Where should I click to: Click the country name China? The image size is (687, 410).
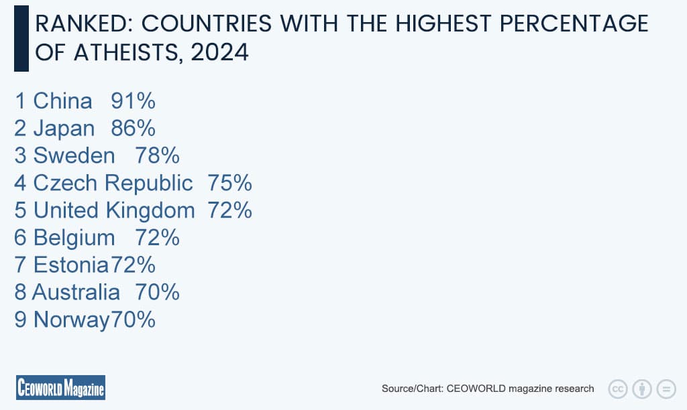tap(62, 101)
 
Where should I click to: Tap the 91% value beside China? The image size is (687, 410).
tap(133, 101)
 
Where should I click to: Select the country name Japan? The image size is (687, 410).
tap(64, 129)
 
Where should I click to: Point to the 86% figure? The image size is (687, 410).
tap(133, 129)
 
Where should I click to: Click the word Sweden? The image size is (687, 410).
tap(74, 156)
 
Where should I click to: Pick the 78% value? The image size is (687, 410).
tap(157, 156)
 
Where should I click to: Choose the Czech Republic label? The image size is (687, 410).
tap(113, 184)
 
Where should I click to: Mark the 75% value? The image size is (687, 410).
tap(229, 184)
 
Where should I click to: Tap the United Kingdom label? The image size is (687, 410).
tap(114, 210)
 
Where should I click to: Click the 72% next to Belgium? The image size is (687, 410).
tap(157, 238)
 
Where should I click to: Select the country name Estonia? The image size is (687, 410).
tap(71, 265)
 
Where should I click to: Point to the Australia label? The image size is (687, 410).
tap(76, 293)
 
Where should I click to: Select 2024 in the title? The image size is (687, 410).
tap(219, 52)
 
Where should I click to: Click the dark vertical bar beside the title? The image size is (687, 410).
tap(21, 38)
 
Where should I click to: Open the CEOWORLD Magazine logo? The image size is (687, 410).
tap(60, 388)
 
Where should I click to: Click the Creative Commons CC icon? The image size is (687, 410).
tap(617, 389)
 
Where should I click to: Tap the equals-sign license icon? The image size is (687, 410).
tap(666, 389)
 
